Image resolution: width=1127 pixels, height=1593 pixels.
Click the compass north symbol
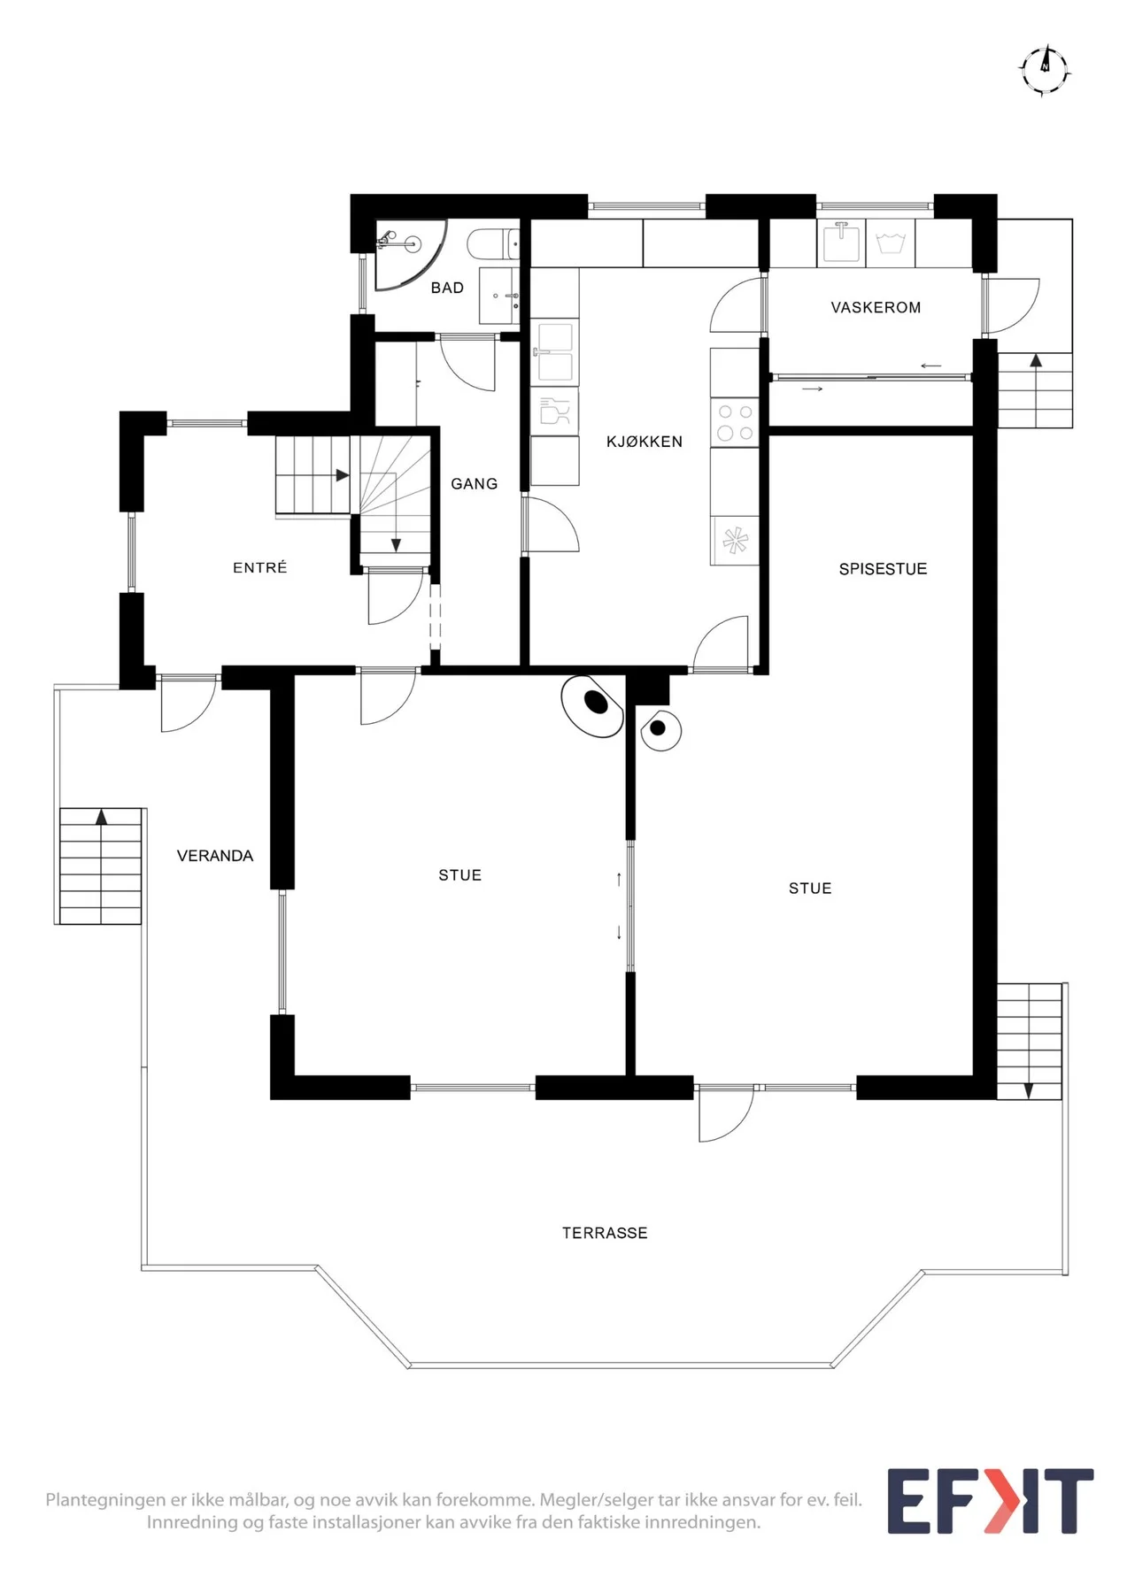pyautogui.click(x=1046, y=69)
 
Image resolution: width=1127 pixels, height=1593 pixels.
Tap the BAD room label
pyautogui.click(x=447, y=288)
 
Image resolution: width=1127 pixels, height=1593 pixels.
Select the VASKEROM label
pyautogui.click(x=876, y=307)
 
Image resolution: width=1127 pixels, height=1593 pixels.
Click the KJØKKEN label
pyautogui.click(x=645, y=442)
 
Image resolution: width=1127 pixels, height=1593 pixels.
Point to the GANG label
pyautogui.click(x=475, y=483)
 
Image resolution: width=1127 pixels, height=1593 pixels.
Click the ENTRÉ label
pyautogui.click(x=260, y=567)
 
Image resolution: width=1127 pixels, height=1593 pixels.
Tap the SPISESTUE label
pyautogui.click(x=883, y=569)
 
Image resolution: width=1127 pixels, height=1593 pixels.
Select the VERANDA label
pyautogui.click(x=215, y=856)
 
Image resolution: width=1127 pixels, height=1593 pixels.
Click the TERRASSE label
pyautogui.click(x=605, y=1233)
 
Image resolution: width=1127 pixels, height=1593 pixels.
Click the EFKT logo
pyautogui.click(x=991, y=1501)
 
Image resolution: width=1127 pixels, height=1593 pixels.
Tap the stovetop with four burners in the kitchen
pyautogui.click(x=735, y=422)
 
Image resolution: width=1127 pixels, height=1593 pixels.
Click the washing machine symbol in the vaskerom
pyautogui.click(x=891, y=242)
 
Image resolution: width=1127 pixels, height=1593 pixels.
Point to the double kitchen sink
pyautogui.click(x=555, y=351)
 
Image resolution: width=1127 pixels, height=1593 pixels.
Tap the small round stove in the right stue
pyautogui.click(x=660, y=729)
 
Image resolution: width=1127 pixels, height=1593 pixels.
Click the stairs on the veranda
pyautogui.click(x=100, y=866)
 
